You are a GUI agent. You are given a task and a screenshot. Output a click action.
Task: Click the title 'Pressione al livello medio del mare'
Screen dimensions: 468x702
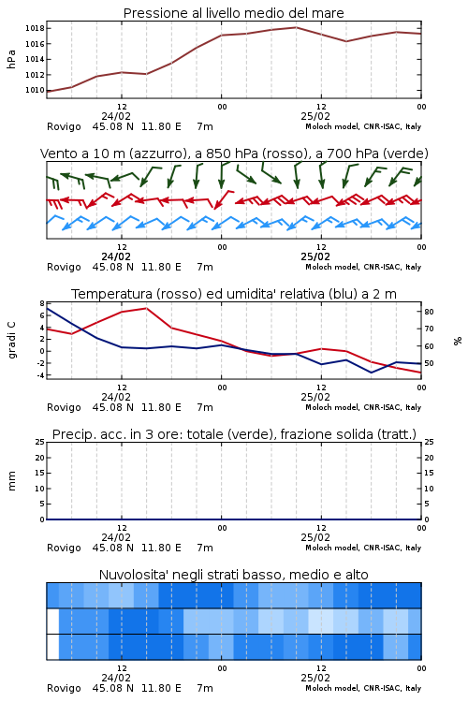pyautogui.click(x=233, y=13)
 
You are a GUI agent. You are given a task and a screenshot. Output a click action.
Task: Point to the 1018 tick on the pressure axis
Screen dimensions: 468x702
pyautogui.click(x=35, y=28)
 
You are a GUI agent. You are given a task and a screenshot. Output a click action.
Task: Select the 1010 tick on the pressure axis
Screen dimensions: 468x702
pyautogui.click(x=35, y=90)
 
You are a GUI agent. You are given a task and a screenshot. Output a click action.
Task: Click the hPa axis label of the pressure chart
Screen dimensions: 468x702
pyautogui.click(x=11, y=59)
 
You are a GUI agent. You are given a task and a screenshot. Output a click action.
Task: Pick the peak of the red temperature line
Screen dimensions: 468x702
pyautogui.click(x=146, y=308)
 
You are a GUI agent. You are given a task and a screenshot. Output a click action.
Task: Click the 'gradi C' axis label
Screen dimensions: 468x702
pyautogui.click(x=11, y=341)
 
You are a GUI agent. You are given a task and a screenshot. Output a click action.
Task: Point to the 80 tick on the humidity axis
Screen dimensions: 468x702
pyautogui.click(x=429, y=312)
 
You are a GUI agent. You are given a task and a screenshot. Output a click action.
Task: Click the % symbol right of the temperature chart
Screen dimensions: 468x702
pyautogui.click(x=458, y=341)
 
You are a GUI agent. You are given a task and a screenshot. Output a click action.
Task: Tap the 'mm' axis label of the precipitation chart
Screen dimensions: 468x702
pyautogui.click(x=11, y=481)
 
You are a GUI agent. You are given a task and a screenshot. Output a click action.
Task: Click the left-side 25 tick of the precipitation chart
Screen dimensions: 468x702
pyautogui.click(x=40, y=442)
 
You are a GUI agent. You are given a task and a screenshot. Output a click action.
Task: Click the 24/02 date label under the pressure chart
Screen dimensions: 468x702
pyautogui.click(x=116, y=116)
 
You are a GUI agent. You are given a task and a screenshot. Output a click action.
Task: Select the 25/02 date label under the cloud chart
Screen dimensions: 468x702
pyautogui.click(x=315, y=678)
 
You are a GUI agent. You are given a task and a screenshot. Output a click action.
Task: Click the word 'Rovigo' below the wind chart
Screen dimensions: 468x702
pyautogui.click(x=64, y=267)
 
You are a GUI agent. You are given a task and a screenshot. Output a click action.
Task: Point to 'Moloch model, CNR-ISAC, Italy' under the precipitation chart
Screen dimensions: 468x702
pyautogui.click(x=363, y=548)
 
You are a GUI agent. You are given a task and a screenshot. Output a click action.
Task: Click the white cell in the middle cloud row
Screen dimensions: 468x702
pyautogui.click(x=52, y=621)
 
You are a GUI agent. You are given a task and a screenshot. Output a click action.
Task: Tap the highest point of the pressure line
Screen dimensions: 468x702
pyautogui.click(x=296, y=27)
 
